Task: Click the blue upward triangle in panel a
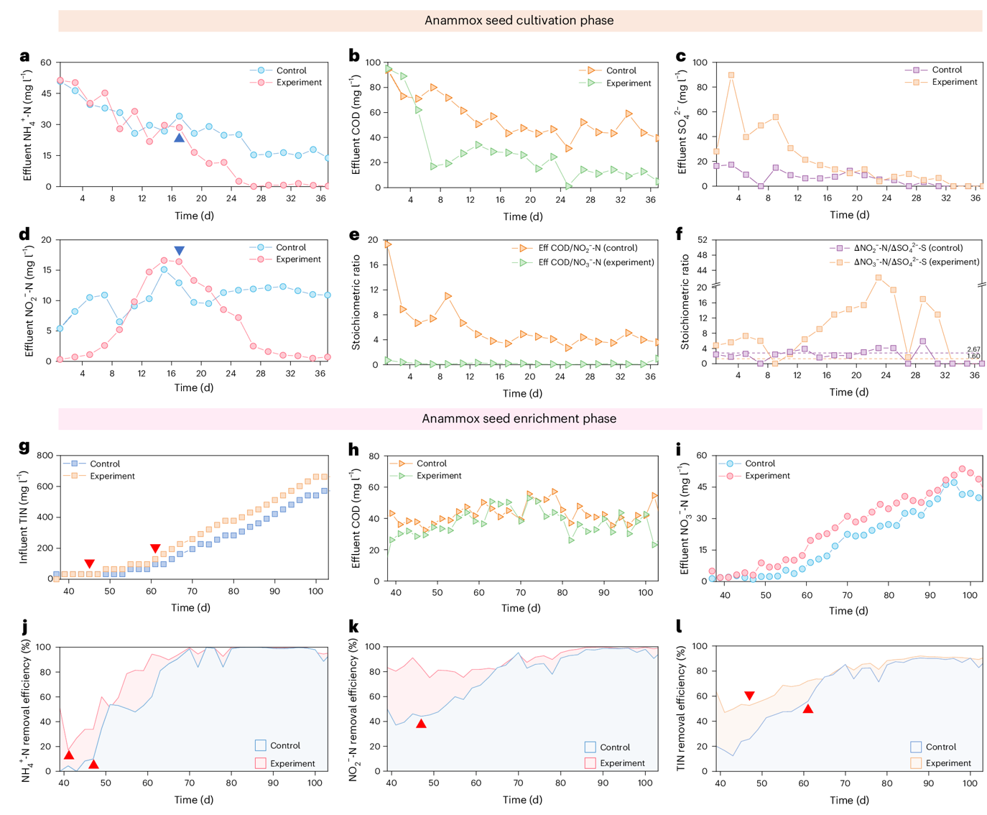[180, 137]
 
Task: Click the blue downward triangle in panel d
[180, 251]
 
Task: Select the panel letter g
[24, 447]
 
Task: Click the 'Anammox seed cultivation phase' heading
[519, 20]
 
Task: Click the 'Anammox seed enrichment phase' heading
[519, 418]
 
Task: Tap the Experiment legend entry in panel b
[628, 83]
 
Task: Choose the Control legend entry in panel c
[946, 70]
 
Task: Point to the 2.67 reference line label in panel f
[973, 349]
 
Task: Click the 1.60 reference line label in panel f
[973, 356]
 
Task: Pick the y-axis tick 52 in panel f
[702, 240]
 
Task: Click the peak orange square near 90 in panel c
[731, 75]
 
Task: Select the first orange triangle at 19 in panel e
[388, 244]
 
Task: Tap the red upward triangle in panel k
[422, 724]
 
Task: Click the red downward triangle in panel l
[749, 696]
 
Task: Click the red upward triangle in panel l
[808, 709]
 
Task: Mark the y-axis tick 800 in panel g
[44, 456]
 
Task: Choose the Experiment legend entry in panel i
[766, 476]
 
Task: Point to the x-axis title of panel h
[521, 608]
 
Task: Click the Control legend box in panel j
[261, 745]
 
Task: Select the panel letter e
[353, 234]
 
